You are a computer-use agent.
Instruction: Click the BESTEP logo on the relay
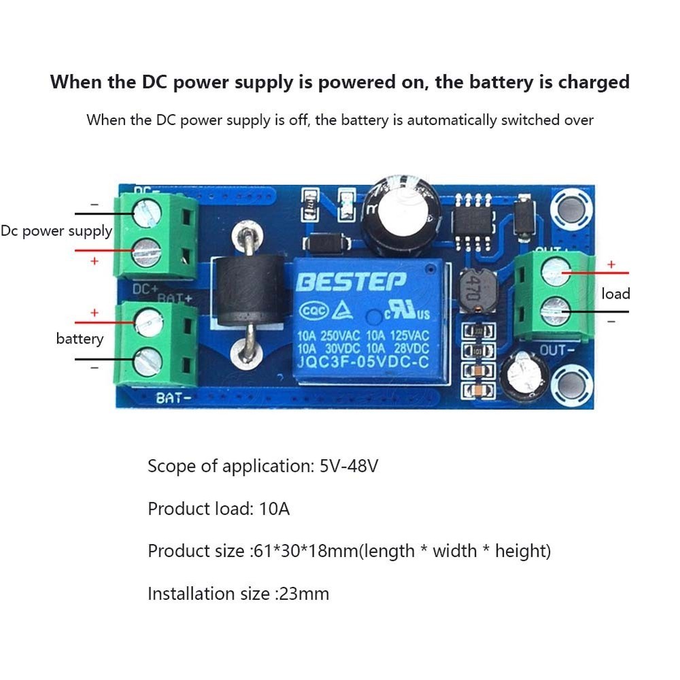(x=352, y=281)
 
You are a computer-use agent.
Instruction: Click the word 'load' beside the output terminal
(x=615, y=294)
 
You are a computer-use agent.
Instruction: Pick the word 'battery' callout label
(x=80, y=339)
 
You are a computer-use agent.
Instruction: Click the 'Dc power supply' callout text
(x=56, y=231)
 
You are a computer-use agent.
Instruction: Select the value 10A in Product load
(x=274, y=509)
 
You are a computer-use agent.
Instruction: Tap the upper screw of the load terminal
(x=554, y=272)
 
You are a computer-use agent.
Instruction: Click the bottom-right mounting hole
(x=571, y=385)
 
